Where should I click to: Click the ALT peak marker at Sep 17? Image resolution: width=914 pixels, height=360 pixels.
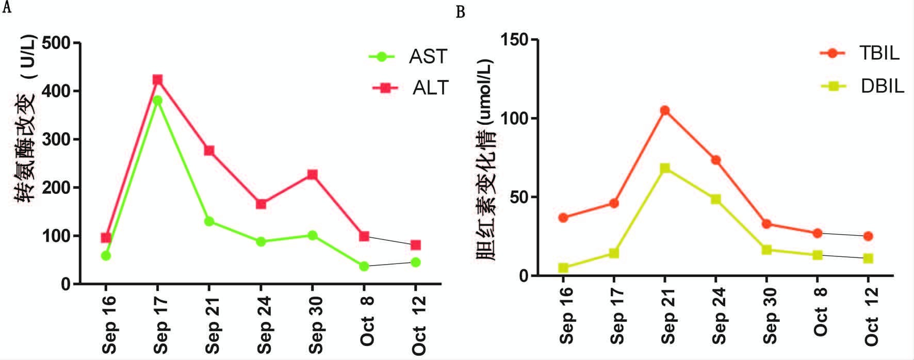(x=157, y=79)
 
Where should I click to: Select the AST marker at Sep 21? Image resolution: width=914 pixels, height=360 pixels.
(x=209, y=221)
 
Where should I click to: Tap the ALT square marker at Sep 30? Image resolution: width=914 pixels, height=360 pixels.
(x=312, y=174)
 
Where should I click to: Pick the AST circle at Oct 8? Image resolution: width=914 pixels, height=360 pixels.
(x=364, y=266)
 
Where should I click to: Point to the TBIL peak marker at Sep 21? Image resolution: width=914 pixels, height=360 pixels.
(x=665, y=110)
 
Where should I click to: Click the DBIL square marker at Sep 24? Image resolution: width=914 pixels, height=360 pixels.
(x=716, y=199)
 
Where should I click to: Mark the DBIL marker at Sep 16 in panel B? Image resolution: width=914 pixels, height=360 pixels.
(x=563, y=268)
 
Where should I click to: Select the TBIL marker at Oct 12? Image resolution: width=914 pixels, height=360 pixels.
(x=868, y=236)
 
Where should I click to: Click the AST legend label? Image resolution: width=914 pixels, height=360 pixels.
(x=428, y=56)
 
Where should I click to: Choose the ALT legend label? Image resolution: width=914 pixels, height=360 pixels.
(x=430, y=88)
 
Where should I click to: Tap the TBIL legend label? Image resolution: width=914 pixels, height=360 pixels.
(x=879, y=53)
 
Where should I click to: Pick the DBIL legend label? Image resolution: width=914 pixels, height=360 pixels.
(x=882, y=86)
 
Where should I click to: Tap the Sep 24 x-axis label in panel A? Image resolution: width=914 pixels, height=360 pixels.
(x=264, y=325)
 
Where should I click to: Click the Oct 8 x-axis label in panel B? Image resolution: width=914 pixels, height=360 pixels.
(x=820, y=312)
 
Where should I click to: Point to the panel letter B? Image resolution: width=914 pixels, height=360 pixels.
(x=461, y=11)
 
